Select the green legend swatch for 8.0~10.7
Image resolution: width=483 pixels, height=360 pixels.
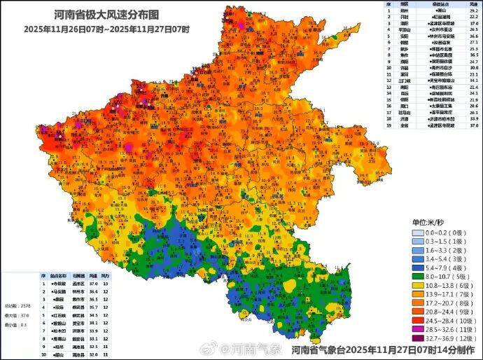(x=417, y=277)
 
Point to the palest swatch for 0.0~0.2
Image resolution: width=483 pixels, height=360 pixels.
(x=417, y=230)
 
